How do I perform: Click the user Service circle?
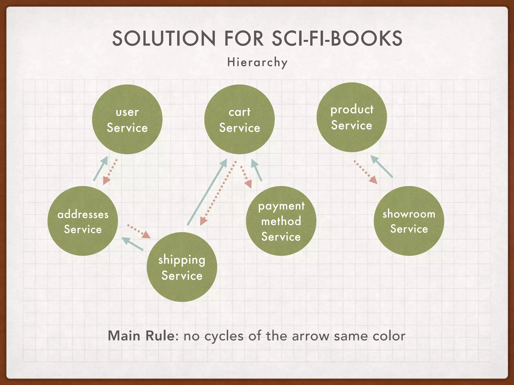tap(127, 119)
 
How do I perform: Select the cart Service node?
tap(239, 119)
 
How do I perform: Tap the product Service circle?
tap(352, 117)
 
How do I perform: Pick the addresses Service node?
tap(83, 221)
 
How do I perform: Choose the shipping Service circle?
tap(182, 267)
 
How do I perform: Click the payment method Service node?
tap(281, 221)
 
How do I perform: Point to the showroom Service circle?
tap(409, 221)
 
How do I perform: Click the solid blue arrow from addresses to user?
tap(100, 168)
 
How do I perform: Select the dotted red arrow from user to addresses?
tap(110, 172)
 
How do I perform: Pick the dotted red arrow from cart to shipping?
tap(218, 193)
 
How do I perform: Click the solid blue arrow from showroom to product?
tap(381, 166)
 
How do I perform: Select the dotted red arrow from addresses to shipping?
tap(139, 231)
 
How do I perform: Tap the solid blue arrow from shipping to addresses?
tap(132, 244)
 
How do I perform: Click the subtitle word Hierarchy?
tap(257, 62)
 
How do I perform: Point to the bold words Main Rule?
tap(141, 336)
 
